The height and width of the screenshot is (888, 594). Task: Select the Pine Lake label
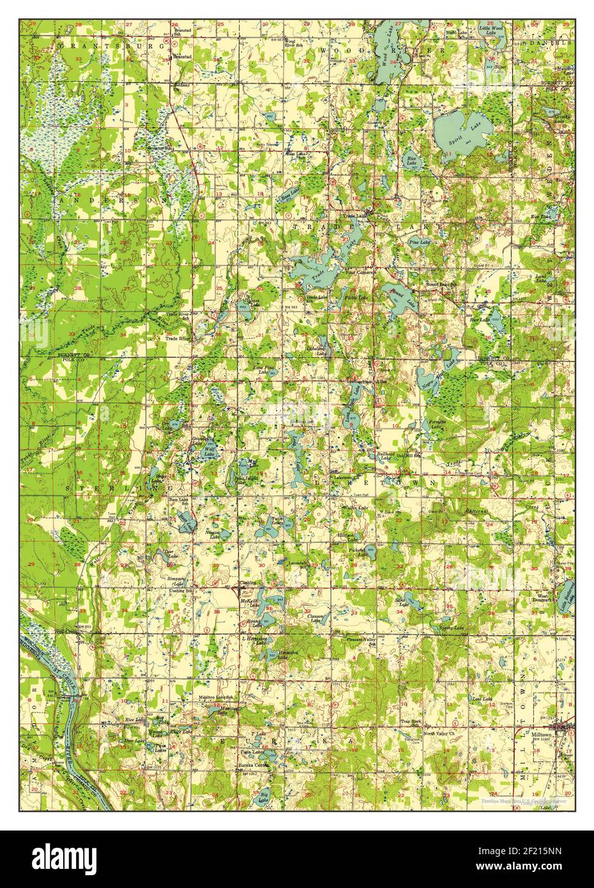[x=420, y=243]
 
